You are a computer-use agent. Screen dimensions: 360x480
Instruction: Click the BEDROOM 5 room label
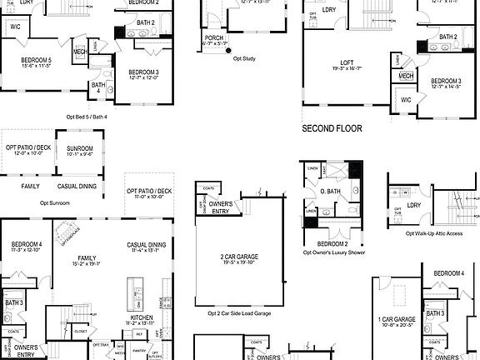pos(37,62)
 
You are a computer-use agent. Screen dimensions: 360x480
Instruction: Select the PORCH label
pos(212,37)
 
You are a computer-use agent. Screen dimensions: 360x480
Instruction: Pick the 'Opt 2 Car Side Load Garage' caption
pos(239,313)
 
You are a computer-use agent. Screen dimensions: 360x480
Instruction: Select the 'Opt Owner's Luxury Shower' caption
pos(334,252)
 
